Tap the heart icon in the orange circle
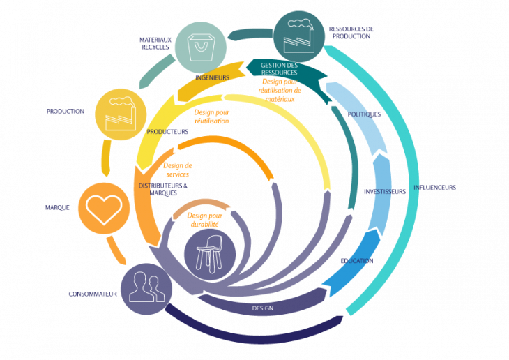[103, 207]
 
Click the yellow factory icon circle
[121, 113]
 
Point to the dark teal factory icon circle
[298, 35]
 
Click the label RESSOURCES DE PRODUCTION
[351, 33]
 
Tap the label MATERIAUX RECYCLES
[155, 44]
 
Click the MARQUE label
[57, 207]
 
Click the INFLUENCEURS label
[434, 188]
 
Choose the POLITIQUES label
[364, 114]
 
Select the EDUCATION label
[356, 261]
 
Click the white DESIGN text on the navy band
[262, 308]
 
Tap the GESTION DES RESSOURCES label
[279, 68]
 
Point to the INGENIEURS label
[213, 77]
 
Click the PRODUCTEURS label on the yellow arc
[167, 131]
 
